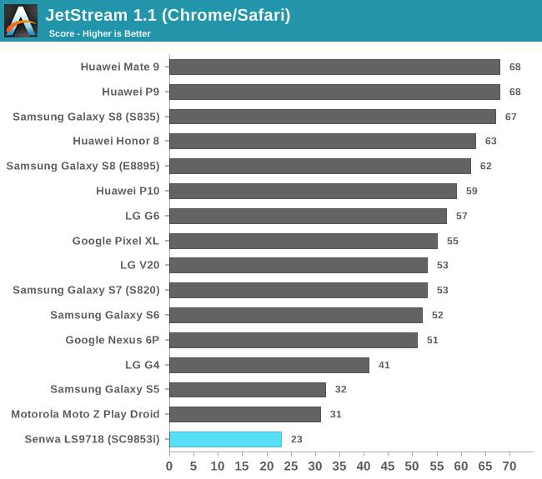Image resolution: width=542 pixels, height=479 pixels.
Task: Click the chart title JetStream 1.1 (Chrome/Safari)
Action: pyautogui.click(x=168, y=15)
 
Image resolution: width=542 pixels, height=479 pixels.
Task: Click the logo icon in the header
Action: pyautogui.click(x=21, y=21)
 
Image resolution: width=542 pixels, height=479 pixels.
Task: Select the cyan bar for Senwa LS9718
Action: pyautogui.click(x=225, y=439)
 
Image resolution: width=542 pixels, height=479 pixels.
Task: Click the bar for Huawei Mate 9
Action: pyautogui.click(x=334, y=67)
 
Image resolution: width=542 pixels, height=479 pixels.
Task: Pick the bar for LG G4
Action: pyautogui.click(x=268, y=365)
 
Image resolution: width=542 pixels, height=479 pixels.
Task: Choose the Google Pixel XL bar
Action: pyautogui.click(x=303, y=241)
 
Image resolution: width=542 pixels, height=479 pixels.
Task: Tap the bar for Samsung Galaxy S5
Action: pyautogui.click(x=247, y=389)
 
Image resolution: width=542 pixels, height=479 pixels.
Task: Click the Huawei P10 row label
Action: pyautogui.click(x=128, y=191)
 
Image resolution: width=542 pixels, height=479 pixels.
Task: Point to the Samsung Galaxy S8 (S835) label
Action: pyautogui.click(x=86, y=117)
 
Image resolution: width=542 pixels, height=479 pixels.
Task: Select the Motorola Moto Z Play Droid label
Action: pyautogui.click(x=85, y=414)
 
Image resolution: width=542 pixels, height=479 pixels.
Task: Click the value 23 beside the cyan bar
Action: pyautogui.click(x=297, y=439)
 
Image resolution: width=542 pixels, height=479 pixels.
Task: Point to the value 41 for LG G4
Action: pyautogui.click(x=384, y=365)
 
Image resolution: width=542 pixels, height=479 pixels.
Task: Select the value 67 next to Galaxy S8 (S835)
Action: pyautogui.click(x=511, y=117)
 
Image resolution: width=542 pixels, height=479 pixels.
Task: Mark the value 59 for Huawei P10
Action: pyautogui.click(x=472, y=191)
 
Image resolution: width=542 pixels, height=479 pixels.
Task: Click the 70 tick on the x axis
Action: pyautogui.click(x=509, y=465)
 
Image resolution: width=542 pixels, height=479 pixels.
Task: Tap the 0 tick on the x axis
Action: pyautogui.click(x=169, y=465)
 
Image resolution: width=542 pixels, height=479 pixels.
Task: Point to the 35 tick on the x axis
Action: pyautogui.click(x=339, y=465)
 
